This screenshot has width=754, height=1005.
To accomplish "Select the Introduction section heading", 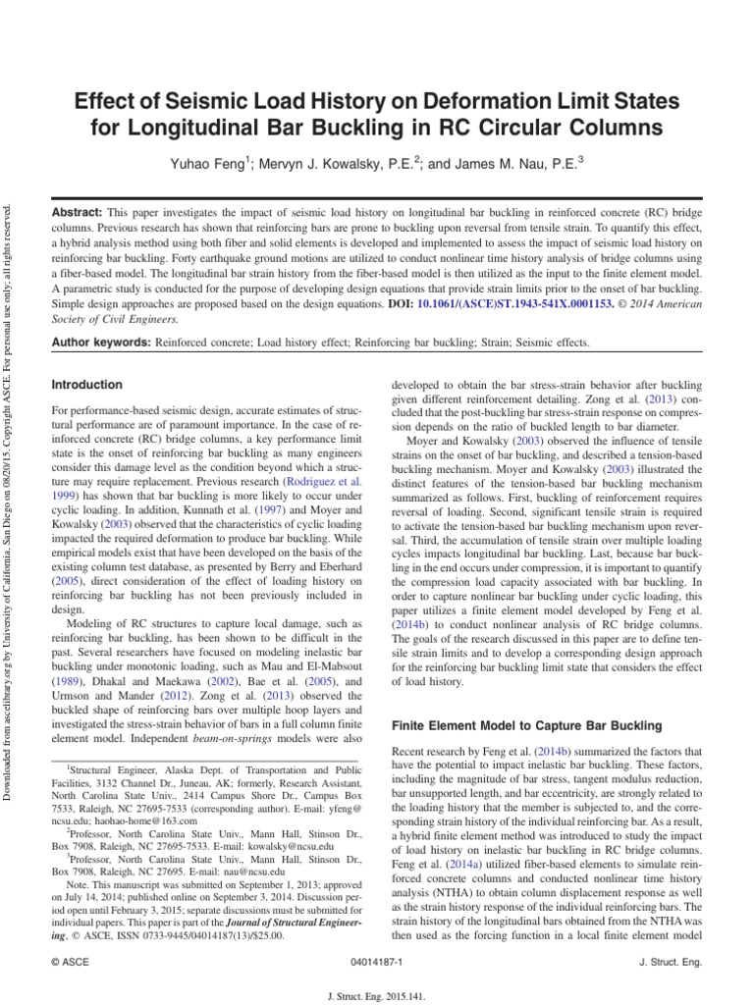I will click(x=87, y=385).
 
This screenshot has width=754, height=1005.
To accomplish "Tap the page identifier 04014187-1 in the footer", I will click(x=377, y=963).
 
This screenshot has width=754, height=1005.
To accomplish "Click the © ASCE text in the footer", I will click(x=70, y=963).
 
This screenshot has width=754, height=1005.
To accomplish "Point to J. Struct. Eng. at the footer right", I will click(x=670, y=963).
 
